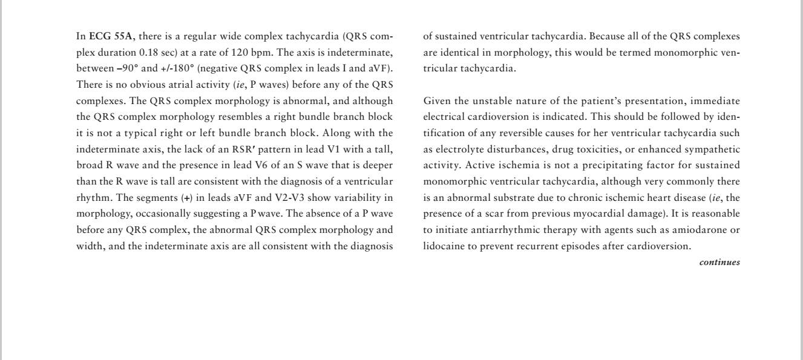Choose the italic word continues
(x=719, y=263)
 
